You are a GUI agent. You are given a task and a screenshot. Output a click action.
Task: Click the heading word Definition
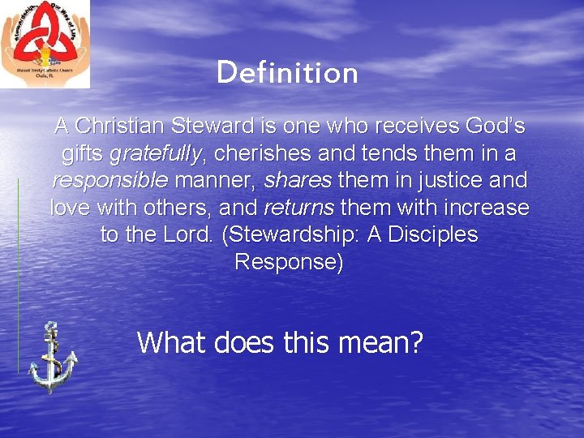[287, 73]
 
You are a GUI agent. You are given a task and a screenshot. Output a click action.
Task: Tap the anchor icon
[52, 358]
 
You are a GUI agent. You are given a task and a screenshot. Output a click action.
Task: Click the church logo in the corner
[45, 44]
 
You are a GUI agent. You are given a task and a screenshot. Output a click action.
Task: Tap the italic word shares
[298, 180]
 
